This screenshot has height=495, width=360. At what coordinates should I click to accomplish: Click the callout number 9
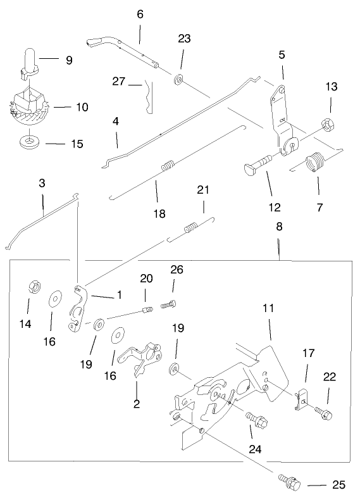coord(68,61)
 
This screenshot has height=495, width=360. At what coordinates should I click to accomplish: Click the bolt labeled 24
coord(254,418)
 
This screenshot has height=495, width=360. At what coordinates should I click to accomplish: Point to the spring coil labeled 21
coord(191,227)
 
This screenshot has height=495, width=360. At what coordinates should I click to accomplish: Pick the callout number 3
coord(42,184)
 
